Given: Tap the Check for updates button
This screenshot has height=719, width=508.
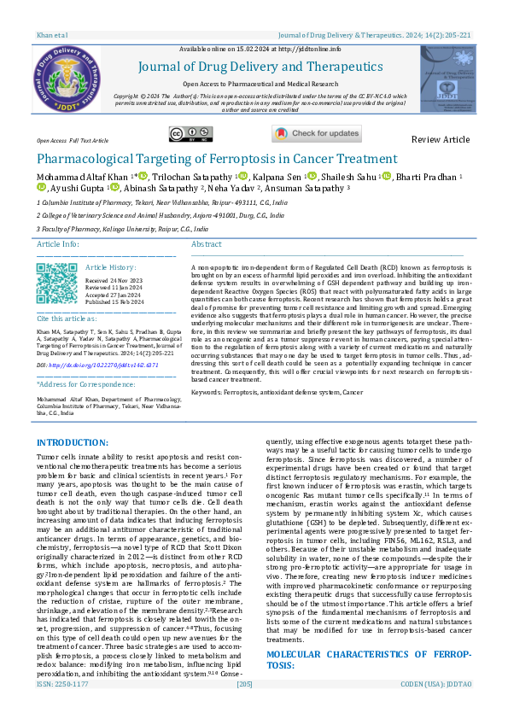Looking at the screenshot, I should click(x=317, y=133).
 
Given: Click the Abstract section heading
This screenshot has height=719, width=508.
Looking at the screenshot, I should click(x=207, y=244).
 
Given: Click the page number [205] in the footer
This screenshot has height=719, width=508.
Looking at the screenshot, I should click(x=245, y=708).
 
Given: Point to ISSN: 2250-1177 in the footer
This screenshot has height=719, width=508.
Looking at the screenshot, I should click(x=61, y=708).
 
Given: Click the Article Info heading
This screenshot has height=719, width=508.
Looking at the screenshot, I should click(x=59, y=244).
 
